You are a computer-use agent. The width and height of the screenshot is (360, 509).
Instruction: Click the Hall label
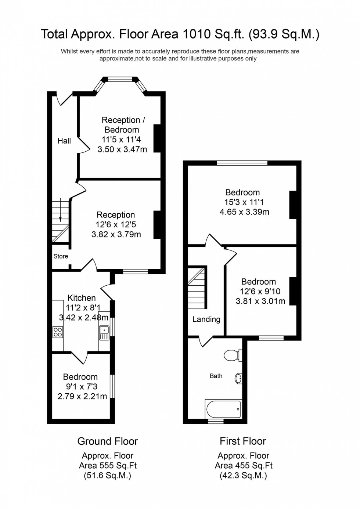point(64,141)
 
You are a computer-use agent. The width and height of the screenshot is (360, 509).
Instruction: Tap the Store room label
point(61,256)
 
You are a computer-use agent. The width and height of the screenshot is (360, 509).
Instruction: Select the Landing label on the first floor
point(206,320)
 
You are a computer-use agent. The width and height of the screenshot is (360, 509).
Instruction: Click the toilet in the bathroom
point(232,355)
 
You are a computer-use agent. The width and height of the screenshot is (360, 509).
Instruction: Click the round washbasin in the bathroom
point(238,378)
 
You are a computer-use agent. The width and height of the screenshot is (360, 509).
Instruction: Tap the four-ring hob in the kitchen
point(58,332)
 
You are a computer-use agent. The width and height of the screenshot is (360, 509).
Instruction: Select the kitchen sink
point(104,332)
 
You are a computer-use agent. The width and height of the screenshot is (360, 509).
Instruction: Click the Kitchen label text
point(82,298)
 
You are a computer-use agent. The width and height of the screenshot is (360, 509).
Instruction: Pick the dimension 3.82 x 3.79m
point(116,234)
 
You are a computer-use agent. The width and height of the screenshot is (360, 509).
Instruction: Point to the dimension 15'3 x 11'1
point(244,202)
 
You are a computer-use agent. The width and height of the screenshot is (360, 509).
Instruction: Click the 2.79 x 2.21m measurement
point(82,396)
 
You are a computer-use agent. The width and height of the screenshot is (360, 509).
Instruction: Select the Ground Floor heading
point(108,441)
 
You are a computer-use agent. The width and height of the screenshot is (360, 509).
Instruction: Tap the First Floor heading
point(243,441)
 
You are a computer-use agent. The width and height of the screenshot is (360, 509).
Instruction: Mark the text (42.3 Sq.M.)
point(243,476)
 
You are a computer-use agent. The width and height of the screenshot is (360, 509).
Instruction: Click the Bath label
point(216,376)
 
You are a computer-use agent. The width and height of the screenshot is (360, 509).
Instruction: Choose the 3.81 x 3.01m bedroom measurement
point(260,301)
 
